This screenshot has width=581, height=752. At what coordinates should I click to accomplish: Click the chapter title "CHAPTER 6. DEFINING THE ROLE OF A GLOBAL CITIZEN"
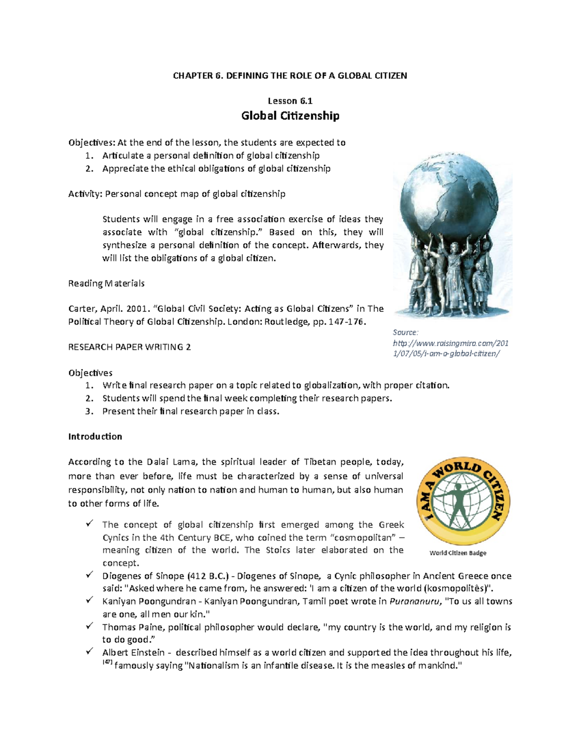(x=290, y=76)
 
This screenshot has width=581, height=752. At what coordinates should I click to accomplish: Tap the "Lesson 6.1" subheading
(x=290, y=101)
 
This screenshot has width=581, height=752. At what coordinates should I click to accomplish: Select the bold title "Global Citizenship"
(x=290, y=116)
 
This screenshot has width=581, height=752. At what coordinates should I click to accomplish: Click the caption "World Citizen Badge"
(x=458, y=553)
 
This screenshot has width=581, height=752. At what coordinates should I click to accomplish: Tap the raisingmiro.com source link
(x=450, y=348)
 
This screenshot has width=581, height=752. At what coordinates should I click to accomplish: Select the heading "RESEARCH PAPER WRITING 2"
(x=129, y=347)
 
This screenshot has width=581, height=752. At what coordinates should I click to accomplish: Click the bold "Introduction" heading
(x=95, y=436)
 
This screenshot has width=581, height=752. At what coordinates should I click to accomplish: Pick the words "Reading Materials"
(x=106, y=283)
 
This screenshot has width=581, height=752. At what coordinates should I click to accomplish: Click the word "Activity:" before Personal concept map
(x=85, y=194)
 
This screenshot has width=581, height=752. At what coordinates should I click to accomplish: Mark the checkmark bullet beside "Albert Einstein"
(x=90, y=651)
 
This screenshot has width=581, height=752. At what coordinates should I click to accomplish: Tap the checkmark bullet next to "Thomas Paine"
(x=90, y=626)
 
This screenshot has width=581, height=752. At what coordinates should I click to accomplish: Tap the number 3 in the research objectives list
(x=88, y=411)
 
